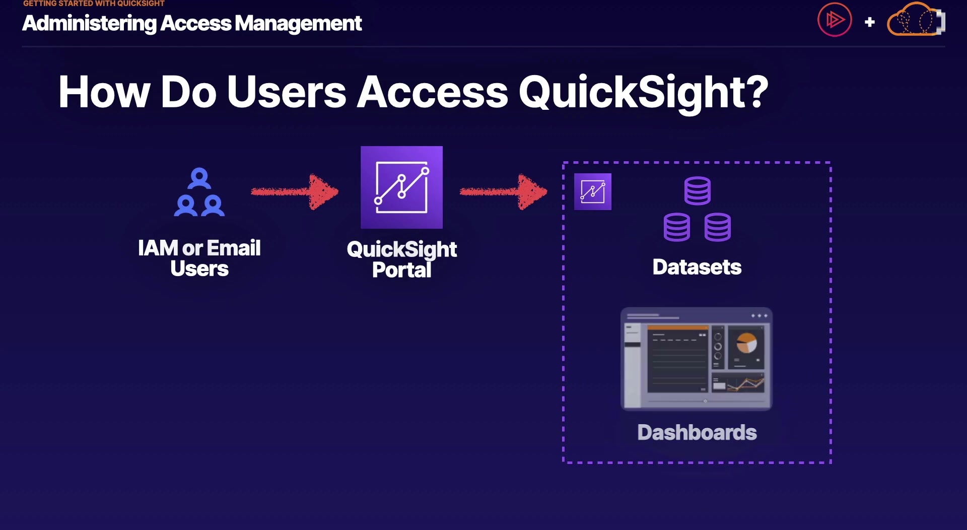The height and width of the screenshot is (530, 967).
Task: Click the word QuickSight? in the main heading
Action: point(643,93)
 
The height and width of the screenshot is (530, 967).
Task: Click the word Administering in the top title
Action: point(89,23)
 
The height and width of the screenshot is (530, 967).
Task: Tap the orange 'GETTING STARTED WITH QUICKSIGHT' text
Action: point(94,3)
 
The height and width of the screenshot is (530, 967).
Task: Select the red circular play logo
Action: point(835,20)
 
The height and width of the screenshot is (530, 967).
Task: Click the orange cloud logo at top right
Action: point(916,20)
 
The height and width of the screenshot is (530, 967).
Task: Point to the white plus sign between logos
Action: point(869,22)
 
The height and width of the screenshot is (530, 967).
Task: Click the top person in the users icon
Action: point(199,178)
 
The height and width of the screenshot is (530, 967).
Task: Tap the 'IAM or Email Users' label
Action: point(199,258)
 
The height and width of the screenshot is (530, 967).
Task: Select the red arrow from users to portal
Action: point(295,191)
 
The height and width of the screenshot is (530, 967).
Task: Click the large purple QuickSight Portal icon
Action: point(402,187)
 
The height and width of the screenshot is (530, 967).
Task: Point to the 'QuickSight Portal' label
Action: point(402,259)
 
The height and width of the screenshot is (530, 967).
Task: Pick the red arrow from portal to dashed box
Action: point(503,191)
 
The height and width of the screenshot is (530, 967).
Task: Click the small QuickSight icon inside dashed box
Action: point(593,191)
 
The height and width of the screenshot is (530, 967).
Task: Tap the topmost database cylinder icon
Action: point(698,190)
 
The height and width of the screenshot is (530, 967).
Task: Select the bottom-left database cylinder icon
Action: point(677,227)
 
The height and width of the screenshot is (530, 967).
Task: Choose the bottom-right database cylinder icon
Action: point(718,227)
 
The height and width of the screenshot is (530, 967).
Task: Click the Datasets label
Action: point(697,267)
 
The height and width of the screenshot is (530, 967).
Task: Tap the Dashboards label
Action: point(697,432)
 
